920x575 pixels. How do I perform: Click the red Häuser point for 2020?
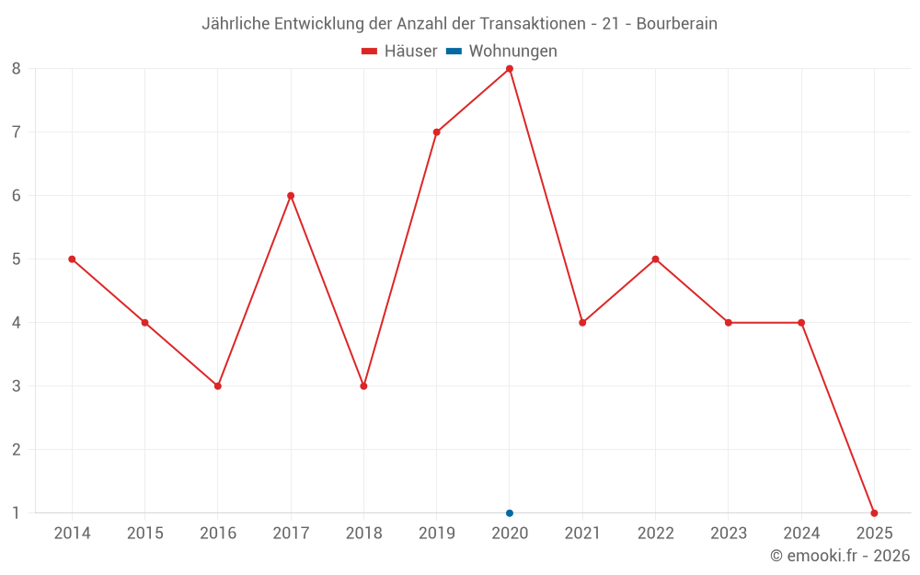(x=510, y=69)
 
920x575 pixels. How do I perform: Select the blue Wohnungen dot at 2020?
(x=510, y=513)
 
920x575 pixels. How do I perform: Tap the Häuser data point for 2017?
(x=291, y=196)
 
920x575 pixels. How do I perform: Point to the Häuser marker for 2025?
(x=874, y=513)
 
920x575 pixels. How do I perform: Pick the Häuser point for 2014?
(x=72, y=259)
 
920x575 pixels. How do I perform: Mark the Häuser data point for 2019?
(x=437, y=132)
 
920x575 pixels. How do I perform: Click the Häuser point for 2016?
(x=218, y=386)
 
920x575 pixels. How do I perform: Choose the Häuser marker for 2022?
(x=655, y=259)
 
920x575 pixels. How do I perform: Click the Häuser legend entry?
(x=399, y=52)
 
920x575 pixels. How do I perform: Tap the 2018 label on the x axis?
(x=363, y=534)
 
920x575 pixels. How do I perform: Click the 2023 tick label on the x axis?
(x=728, y=534)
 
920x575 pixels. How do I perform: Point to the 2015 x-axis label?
(x=144, y=534)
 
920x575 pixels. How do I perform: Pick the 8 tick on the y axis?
(x=17, y=69)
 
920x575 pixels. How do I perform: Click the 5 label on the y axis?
(x=17, y=259)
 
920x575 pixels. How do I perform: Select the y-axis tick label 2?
(x=17, y=450)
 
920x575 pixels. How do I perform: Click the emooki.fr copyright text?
(x=840, y=556)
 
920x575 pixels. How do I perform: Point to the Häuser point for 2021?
(x=582, y=323)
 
